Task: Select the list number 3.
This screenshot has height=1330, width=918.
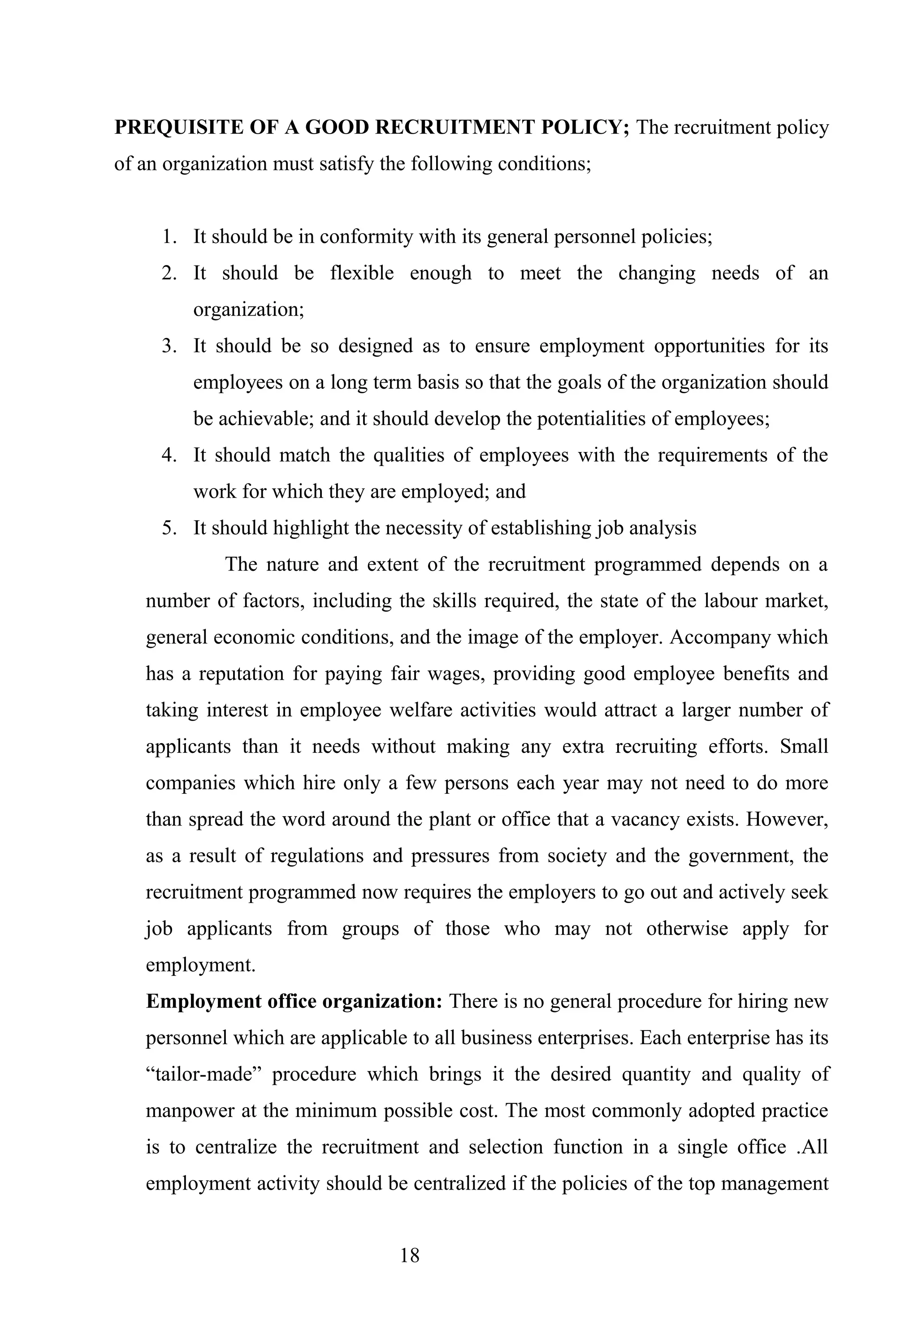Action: (169, 346)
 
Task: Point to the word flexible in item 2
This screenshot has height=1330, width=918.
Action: (362, 273)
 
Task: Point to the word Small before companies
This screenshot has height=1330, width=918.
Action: (804, 747)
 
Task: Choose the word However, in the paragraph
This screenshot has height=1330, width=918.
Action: (787, 819)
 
